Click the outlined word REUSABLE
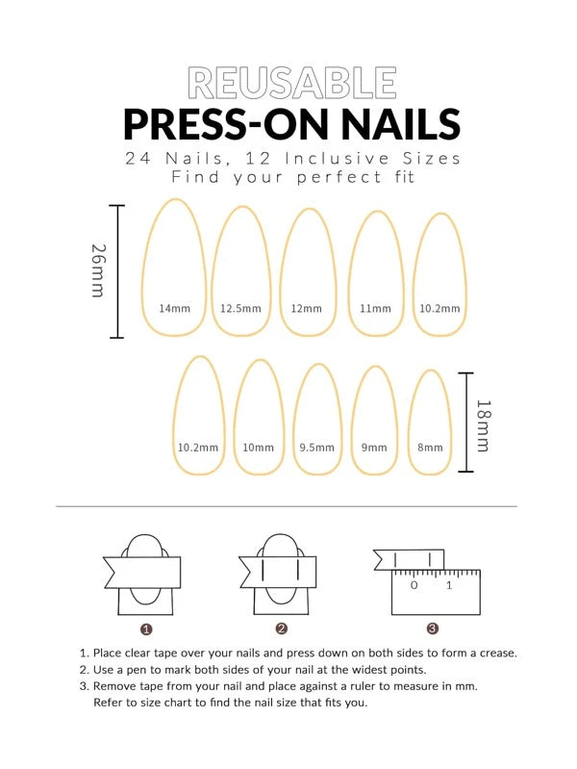(x=292, y=83)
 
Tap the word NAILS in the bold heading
(x=401, y=123)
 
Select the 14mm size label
(x=174, y=309)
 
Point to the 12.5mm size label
(x=240, y=309)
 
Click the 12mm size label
(x=307, y=309)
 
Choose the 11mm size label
(x=375, y=309)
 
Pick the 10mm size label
(x=259, y=448)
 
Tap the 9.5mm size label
(x=317, y=448)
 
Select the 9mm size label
(x=374, y=448)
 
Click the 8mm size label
(x=430, y=448)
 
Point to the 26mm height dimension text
(x=98, y=270)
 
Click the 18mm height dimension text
(x=484, y=425)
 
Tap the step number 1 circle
(x=146, y=629)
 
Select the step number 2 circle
(x=282, y=628)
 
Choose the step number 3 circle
(x=433, y=628)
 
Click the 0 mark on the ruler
(x=414, y=585)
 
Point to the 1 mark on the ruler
(x=449, y=585)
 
